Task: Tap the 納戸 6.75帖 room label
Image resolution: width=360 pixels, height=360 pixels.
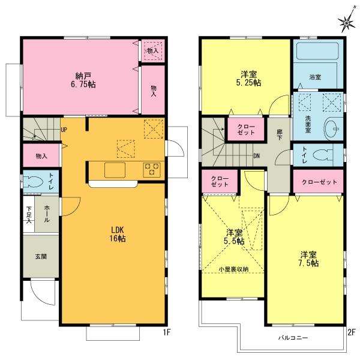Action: pyautogui.click(x=83, y=80)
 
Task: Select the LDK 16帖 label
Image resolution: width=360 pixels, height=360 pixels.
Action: pyautogui.click(x=118, y=234)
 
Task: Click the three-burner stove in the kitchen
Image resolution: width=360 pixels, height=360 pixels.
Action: pyautogui.click(x=152, y=170)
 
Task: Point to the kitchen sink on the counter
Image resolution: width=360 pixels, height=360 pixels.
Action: pyautogui.click(x=115, y=170)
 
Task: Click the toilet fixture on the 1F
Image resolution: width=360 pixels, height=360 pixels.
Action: pyautogui.click(x=33, y=182)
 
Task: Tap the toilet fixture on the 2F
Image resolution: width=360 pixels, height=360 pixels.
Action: pyautogui.click(x=323, y=155)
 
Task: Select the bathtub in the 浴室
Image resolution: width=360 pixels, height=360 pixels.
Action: pyautogui.click(x=317, y=51)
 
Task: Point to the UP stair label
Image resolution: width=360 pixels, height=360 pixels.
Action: pyautogui.click(x=64, y=130)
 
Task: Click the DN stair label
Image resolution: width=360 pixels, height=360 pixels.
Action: pyautogui.click(x=256, y=156)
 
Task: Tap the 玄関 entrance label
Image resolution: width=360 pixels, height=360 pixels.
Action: pyautogui.click(x=41, y=256)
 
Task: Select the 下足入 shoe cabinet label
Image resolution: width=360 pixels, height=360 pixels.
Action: pyautogui.click(x=29, y=215)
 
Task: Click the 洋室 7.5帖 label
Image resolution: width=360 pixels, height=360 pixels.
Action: pyautogui.click(x=308, y=259)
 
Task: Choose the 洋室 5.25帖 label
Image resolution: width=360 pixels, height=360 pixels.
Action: pyautogui.click(x=248, y=78)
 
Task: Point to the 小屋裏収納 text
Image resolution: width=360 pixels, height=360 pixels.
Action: pyautogui.click(x=233, y=269)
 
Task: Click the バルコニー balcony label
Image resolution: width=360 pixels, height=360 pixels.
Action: pyautogui.click(x=293, y=338)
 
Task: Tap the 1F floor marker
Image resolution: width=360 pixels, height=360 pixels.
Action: pyautogui.click(x=167, y=332)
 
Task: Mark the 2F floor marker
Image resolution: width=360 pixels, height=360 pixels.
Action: pyautogui.click(x=352, y=332)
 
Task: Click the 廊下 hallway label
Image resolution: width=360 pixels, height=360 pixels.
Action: pyautogui.click(x=280, y=134)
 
